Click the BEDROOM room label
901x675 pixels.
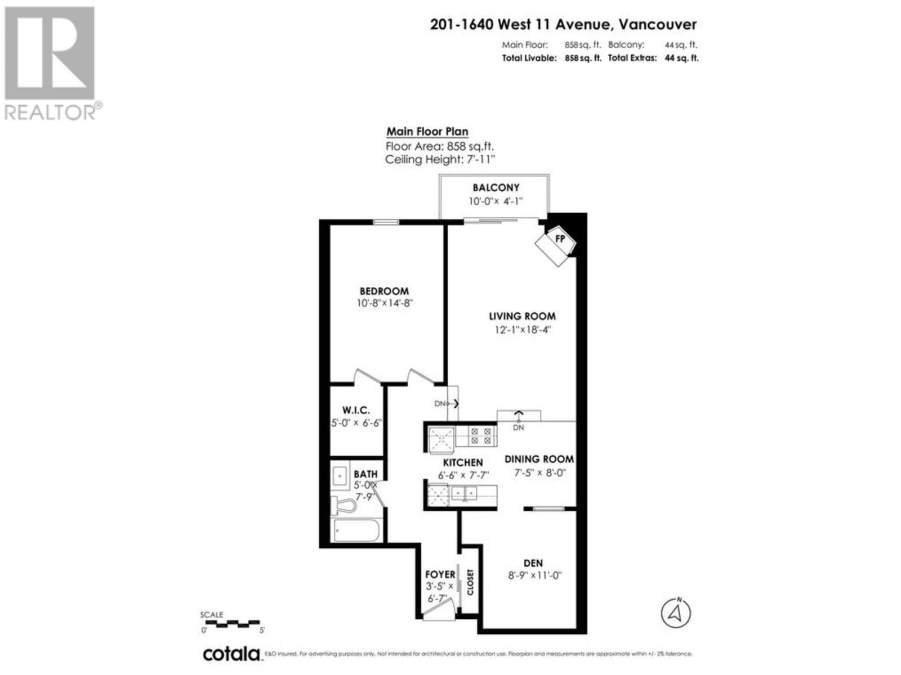(384, 291)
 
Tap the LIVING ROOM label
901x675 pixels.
(522, 316)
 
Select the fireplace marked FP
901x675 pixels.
(557, 242)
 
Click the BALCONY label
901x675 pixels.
(496, 187)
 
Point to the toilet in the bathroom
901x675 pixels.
(344, 506)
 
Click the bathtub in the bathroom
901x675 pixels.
(356, 530)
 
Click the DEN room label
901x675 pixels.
(533, 563)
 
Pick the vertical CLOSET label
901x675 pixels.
(470, 582)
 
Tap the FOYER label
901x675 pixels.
(440, 574)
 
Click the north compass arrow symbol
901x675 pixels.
(676, 613)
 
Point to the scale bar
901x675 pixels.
(231, 623)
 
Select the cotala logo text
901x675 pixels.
(231, 654)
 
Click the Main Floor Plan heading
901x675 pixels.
(427, 132)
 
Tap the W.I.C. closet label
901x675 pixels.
(356, 411)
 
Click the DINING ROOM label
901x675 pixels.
(539, 459)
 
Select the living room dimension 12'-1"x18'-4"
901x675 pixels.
(522, 330)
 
